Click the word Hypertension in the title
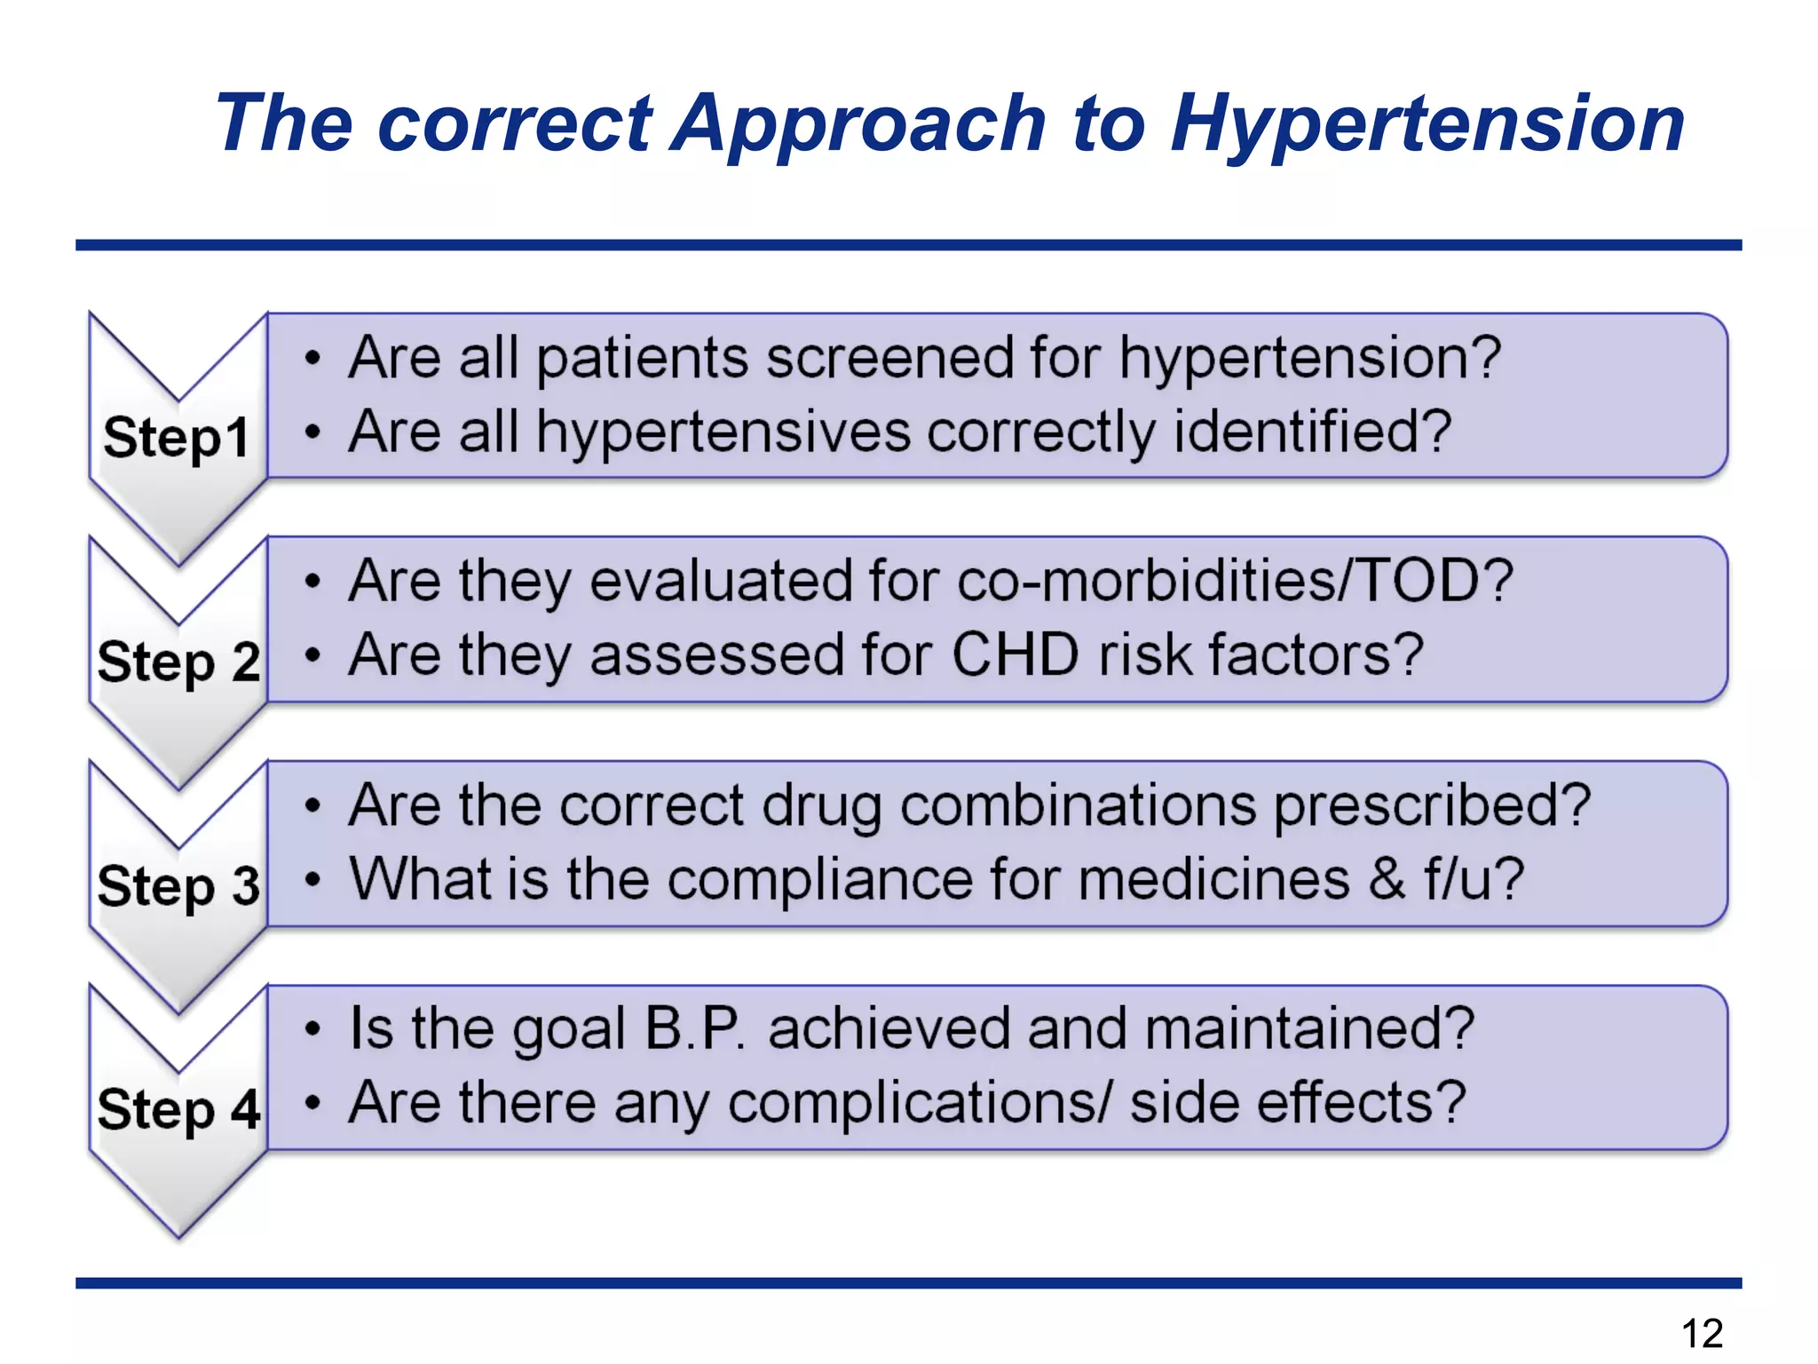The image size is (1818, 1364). (1427, 124)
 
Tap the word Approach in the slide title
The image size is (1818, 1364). (858, 124)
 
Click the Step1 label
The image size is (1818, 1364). (176, 438)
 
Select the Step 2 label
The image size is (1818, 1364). (178, 662)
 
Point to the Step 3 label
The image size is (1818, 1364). (178, 886)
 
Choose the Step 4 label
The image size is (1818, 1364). (178, 1110)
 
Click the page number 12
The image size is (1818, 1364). (1702, 1333)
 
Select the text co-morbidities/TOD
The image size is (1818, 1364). (1234, 582)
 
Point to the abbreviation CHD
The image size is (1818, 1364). (1016, 655)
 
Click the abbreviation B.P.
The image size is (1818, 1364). (695, 1029)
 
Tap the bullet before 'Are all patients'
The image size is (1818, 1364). (312, 359)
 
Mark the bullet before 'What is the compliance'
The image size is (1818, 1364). (312, 880)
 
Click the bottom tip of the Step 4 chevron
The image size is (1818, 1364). (178, 1235)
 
